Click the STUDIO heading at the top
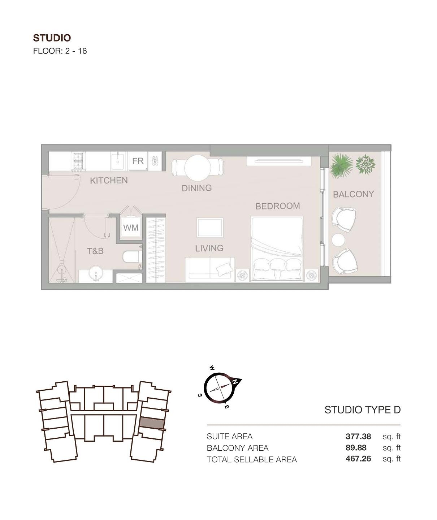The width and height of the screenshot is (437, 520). [52, 38]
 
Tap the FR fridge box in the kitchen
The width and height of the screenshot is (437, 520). [138, 161]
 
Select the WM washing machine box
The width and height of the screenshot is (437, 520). [130, 227]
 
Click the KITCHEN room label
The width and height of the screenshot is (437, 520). [109, 180]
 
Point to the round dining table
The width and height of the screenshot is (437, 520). [198, 168]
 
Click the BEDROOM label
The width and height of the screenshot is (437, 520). [277, 206]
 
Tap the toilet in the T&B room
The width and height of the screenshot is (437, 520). [131, 257]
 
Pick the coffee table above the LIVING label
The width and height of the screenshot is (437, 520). [210, 227]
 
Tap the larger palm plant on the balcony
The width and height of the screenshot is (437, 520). [339, 165]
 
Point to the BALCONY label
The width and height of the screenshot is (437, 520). [353, 194]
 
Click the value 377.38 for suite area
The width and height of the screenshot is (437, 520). [358, 436]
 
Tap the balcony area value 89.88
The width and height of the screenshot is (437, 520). [356, 448]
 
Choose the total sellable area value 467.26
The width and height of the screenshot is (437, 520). [358, 459]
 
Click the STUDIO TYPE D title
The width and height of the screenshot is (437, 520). [362, 410]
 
